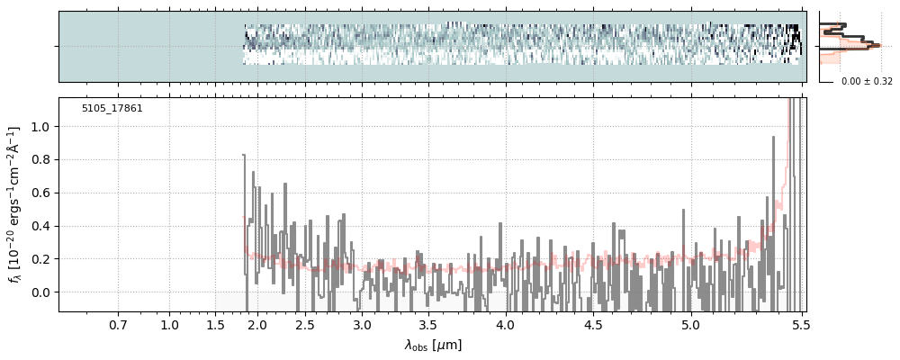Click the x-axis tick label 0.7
coord(118,324)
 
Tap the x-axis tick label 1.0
coord(169,324)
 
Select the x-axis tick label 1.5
coord(215,324)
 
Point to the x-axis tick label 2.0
coord(257,324)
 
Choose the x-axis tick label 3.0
coord(362,324)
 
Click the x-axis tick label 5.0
coord(689,324)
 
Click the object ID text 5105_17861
coord(112,109)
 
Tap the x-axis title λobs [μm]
coord(433,345)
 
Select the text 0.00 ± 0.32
coord(867,82)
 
